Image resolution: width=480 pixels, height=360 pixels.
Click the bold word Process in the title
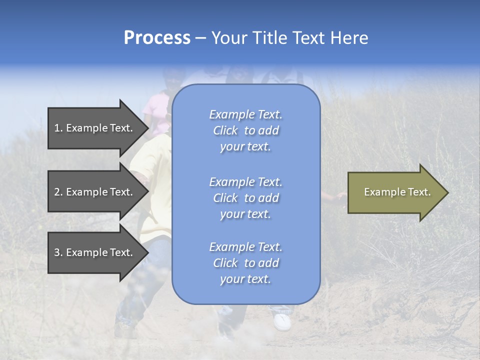[157, 38]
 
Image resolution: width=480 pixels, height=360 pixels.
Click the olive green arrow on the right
[395, 192]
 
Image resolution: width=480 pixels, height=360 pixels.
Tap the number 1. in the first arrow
[58, 128]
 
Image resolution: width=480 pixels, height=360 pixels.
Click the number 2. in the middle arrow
[58, 192]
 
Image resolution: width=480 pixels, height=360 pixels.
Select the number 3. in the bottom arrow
[58, 252]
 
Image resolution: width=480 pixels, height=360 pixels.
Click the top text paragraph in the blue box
[245, 130]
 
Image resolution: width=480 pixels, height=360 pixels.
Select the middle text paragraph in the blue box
[245, 198]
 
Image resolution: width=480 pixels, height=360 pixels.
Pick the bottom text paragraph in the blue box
[245, 263]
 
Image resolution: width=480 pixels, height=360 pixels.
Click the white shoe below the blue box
[282, 321]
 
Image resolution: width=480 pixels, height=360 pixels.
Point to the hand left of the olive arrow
[341, 195]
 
